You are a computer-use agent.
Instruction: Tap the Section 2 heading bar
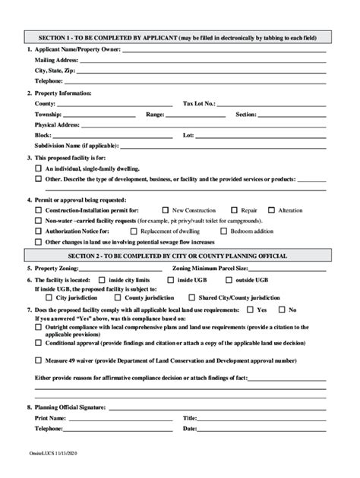[180, 256]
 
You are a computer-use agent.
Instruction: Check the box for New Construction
[166, 209]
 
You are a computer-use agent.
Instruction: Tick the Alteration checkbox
[271, 209]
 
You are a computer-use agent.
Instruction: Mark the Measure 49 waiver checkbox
[39, 361]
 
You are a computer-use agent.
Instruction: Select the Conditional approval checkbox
[39, 343]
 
